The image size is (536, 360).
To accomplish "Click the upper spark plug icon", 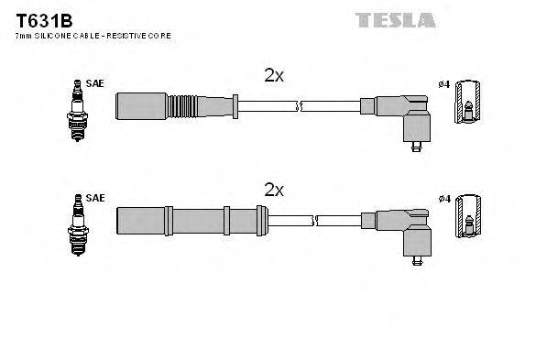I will tap(72, 109).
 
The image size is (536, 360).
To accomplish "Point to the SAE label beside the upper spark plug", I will tap(95, 83).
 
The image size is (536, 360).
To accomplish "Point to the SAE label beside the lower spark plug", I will tap(95, 197).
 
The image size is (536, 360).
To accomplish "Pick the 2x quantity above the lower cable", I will tap(274, 191).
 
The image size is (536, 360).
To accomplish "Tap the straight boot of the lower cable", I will tap(191, 221).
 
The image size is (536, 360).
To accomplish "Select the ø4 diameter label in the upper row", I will tap(443, 84).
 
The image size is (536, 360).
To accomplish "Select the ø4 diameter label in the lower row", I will tap(443, 198).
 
